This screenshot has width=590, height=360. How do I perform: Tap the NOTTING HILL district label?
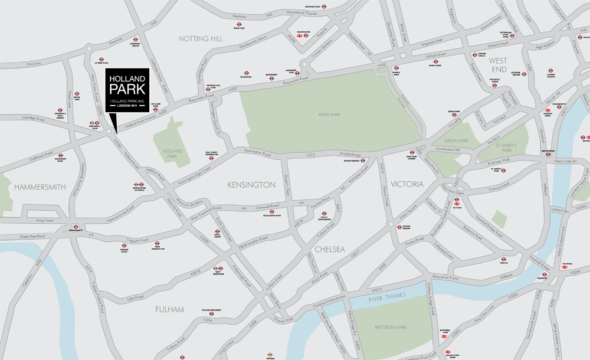[x=201, y=38]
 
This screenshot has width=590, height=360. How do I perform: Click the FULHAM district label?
[x=170, y=309]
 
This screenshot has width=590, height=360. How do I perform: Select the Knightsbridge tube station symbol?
[x=363, y=160]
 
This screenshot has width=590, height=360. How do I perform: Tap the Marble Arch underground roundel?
[x=396, y=68]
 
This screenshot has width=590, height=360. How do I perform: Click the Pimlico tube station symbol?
[x=504, y=259]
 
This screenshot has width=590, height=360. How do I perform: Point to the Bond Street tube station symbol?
[x=435, y=61]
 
